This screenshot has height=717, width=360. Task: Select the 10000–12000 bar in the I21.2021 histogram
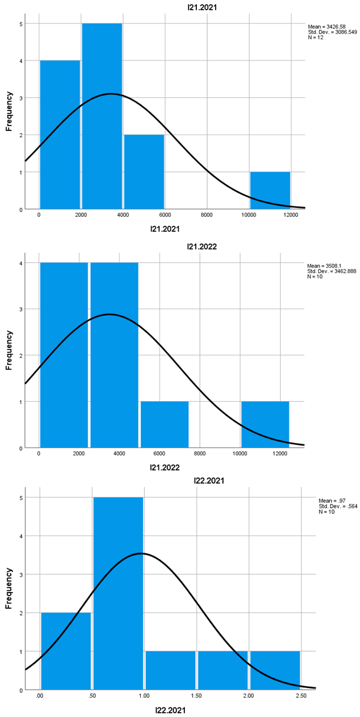(x=270, y=190)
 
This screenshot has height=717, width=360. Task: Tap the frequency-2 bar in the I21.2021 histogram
(x=144, y=172)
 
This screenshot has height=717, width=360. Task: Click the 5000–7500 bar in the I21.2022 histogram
(x=164, y=425)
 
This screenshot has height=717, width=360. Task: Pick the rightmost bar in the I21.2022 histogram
(x=265, y=425)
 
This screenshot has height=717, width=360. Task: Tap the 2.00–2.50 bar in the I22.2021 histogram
(x=275, y=670)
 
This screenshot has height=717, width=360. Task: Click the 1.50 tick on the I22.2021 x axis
(x=196, y=695)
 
